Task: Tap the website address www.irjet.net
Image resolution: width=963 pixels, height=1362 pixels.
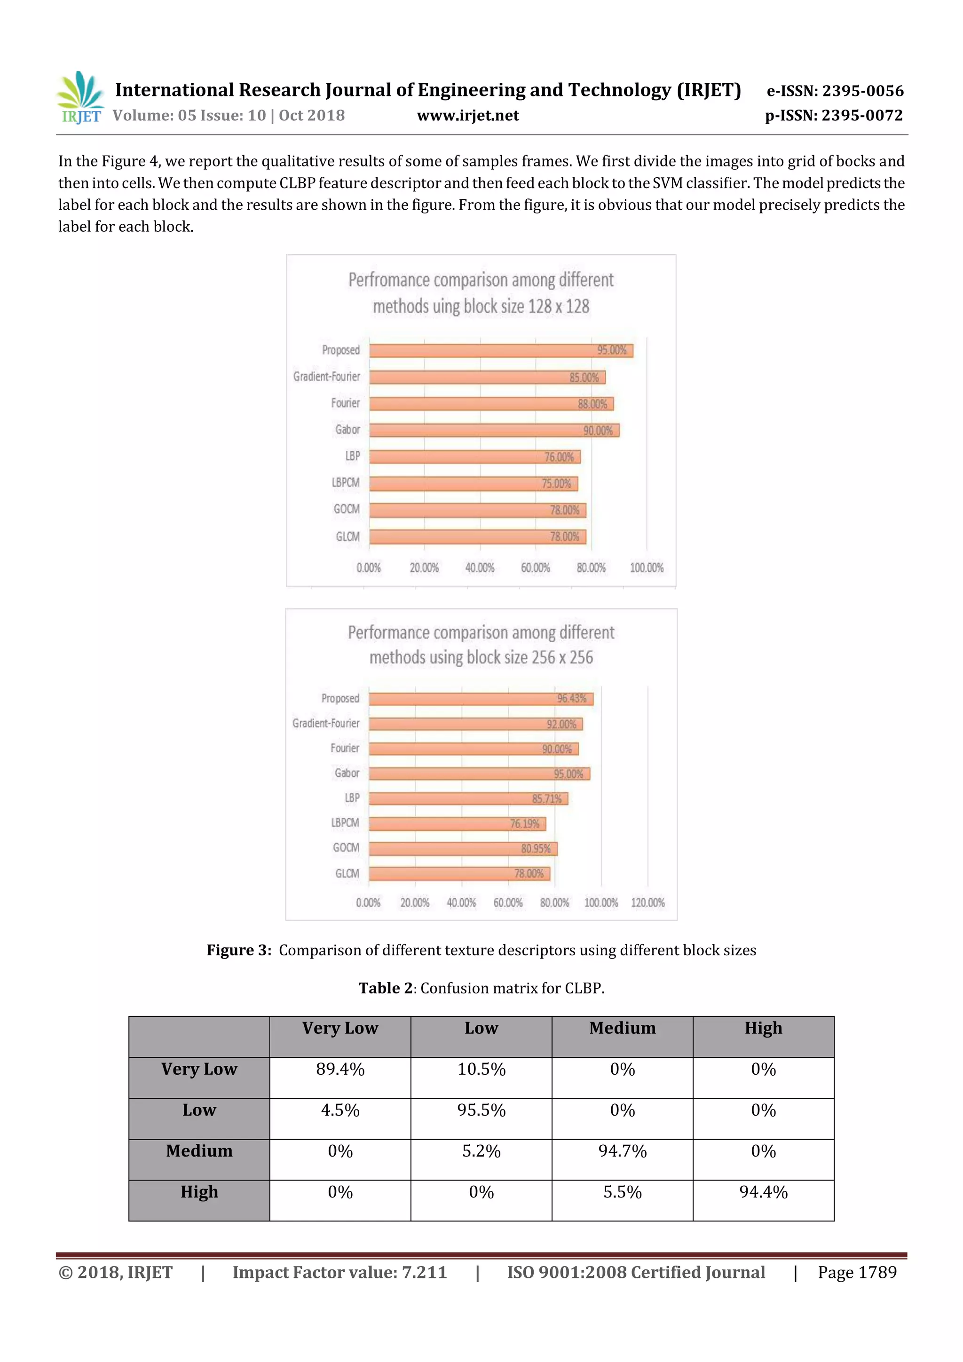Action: pos(467,116)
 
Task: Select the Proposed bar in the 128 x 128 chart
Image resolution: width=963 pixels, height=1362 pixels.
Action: pos(501,351)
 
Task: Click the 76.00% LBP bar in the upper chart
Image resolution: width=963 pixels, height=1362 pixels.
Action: pos(474,457)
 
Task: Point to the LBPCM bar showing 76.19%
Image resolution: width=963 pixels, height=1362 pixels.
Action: pos(457,823)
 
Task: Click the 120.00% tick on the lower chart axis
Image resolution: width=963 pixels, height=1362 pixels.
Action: pos(647,902)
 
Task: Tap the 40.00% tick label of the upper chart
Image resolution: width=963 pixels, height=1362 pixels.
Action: pos(480,568)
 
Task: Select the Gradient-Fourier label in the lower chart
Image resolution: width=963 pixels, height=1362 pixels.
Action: pos(326,723)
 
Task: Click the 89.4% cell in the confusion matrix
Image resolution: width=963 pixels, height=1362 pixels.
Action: pos(340,1069)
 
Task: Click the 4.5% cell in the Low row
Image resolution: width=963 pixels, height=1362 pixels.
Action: pos(340,1110)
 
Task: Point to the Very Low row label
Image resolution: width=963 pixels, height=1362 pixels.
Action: pos(199,1069)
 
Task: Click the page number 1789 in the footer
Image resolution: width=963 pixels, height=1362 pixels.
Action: pos(877,1272)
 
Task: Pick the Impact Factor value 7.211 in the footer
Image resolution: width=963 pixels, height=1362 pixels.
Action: pos(424,1272)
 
